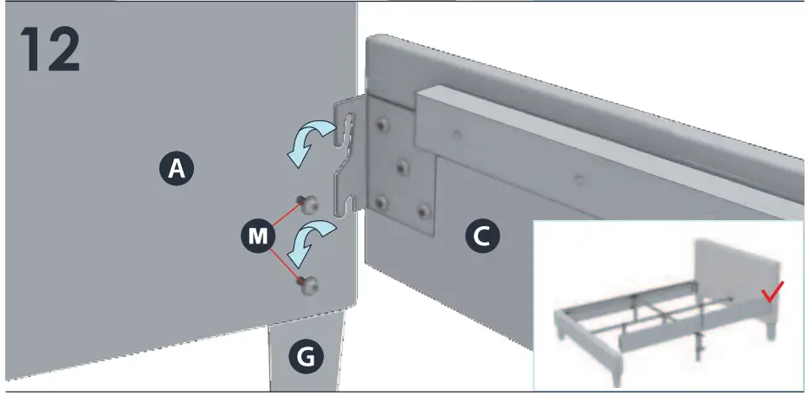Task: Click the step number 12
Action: pyautogui.click(x=49, y=50)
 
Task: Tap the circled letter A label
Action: pyautogui.click(x=177, y=170)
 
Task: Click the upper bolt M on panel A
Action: pyautogui.click(x=307, y=204)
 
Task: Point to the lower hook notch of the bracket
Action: pyautogui.click(x=347, y=204)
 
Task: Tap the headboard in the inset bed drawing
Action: pyautogui.click(x=736, y=269)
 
